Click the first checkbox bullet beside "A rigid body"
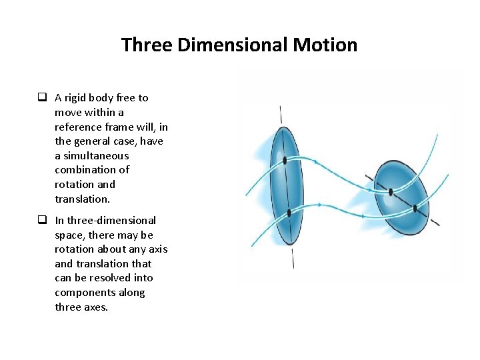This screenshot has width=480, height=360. click(x=41, y=98)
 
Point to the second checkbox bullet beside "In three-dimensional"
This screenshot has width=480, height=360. click(x=41, y=221)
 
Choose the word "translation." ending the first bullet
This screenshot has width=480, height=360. click(x=82, y=199)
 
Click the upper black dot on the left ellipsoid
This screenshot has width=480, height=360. click(x=285, y=160)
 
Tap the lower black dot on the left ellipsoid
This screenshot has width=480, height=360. click(x=289, y=213)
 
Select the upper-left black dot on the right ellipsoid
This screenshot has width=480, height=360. click(x=391, y=192)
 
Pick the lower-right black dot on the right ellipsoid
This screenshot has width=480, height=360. click(x=415, y=208)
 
